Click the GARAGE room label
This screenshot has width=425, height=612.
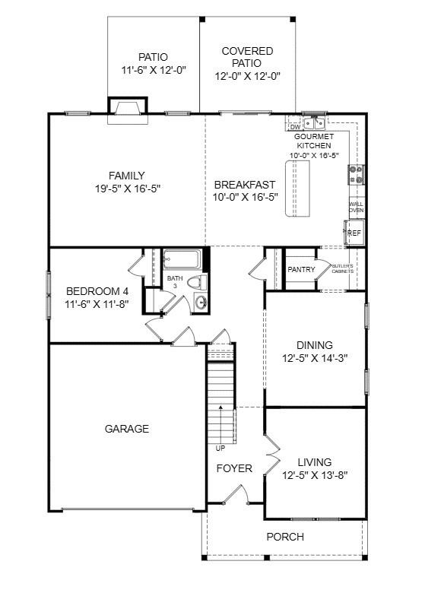coord(127,429)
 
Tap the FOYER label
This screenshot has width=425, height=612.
coord(234,468)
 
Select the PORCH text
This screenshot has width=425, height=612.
coord(285,537)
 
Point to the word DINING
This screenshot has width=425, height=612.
coord(314,345)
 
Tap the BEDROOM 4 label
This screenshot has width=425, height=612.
coord(97,291)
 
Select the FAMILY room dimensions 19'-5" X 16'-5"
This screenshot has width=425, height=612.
coord(126,188)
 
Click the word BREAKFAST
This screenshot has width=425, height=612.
coord(243,184)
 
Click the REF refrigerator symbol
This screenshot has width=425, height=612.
coord(354,233)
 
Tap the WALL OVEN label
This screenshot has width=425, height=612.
coord(356,207)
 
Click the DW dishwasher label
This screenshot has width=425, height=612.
coord(294,126)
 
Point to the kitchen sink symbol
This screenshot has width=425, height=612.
coord(313,122)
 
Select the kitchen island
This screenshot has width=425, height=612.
coord(299,189)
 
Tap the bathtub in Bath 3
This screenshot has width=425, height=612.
coord(182,260)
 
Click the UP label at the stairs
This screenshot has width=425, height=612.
coord(220,448)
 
